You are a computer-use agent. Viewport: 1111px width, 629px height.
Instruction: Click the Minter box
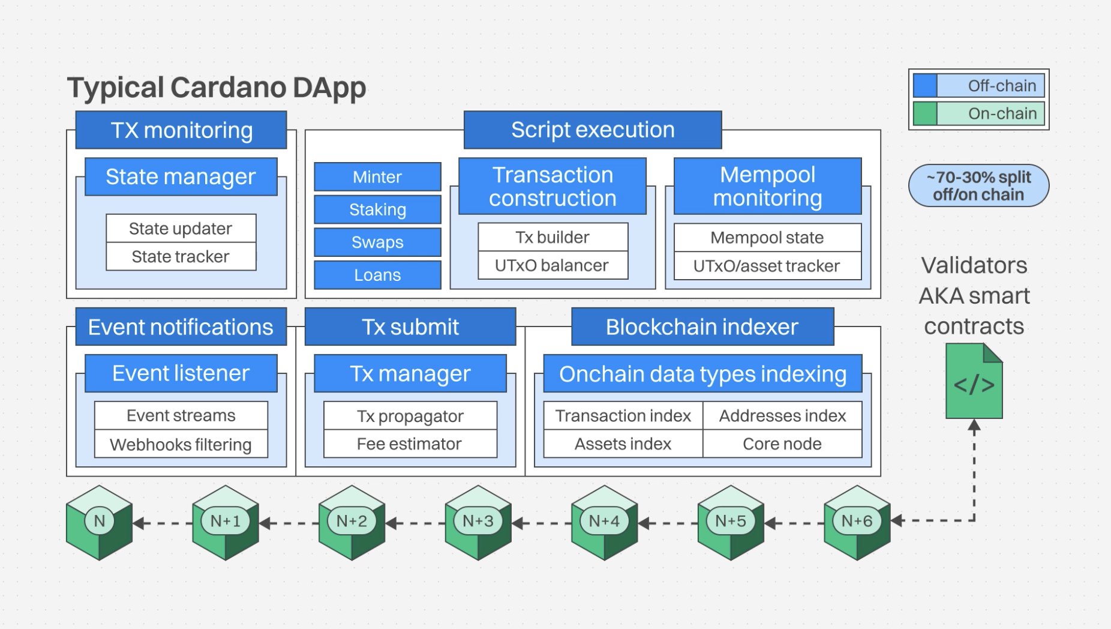pos(377,177)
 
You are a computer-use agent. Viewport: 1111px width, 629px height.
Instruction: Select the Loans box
pos(377,275)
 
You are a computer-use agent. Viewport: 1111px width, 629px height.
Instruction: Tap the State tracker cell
pos(181,257)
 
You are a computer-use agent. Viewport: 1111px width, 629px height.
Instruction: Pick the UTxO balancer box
pos(552,265)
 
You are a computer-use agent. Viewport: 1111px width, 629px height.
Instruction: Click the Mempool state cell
pos(767,238)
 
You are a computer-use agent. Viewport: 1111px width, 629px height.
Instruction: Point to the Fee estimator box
pos(410,444)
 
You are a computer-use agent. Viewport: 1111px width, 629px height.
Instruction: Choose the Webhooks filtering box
pos(181,445)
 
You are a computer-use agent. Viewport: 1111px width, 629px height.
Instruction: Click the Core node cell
pos(782,444)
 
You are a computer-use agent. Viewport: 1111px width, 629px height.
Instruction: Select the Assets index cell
pos(623,444)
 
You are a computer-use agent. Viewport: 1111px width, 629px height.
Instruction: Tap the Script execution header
pos(592,130)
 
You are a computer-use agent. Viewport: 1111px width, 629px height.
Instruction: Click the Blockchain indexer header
pos(702,327)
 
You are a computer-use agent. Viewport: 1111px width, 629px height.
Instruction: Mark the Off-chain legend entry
pos(978,86)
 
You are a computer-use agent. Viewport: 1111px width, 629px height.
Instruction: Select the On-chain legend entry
pos(978,113)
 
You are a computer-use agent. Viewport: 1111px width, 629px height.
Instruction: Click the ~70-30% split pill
pos(978,186)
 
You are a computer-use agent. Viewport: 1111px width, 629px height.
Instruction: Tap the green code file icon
pos(974,382)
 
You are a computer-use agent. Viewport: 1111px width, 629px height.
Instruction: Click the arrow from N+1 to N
pos(162,523)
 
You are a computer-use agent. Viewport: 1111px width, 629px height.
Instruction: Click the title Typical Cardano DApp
pos(216,88)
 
